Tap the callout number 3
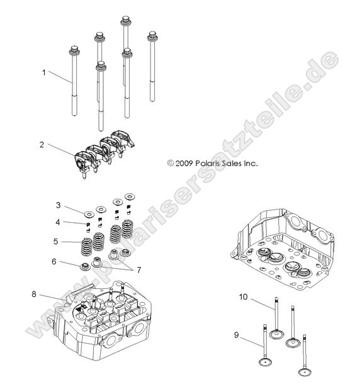coord(58,205)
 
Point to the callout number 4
coord(58,222)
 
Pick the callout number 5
coord(55,241)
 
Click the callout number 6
coord(54,261)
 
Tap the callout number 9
coord(236,335)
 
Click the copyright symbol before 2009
coord(170,162)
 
